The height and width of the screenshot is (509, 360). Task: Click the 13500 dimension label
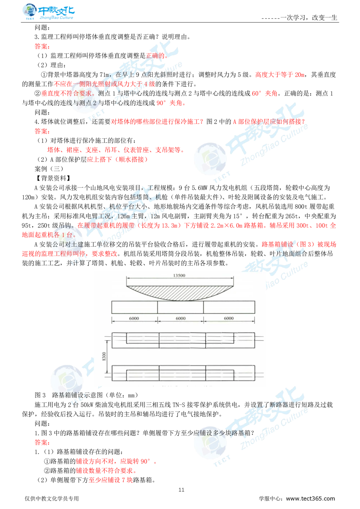[179, 276]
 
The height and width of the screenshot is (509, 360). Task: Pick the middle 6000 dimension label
[180, 318]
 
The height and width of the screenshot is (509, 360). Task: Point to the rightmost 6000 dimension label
[229, 318]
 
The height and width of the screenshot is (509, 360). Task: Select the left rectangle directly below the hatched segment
[134, 307]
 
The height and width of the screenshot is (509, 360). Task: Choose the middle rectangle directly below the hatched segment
[180, 307]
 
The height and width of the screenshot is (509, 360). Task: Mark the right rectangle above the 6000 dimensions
[229, 307]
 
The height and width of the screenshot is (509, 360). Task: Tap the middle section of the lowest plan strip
[182, 373]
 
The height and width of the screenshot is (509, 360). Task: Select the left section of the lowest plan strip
[135, 373]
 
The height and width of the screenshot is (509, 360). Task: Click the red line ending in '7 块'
[111, 480]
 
